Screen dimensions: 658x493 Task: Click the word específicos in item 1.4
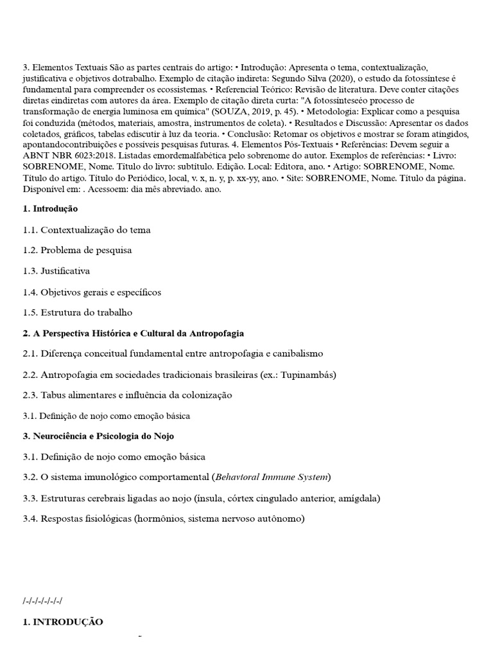[138, 292]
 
